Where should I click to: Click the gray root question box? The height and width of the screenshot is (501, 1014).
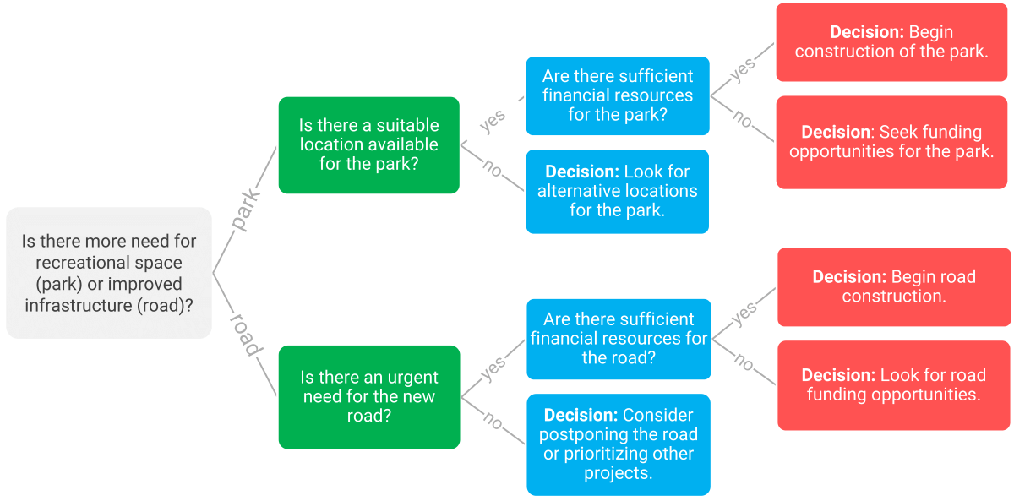tap(108, 273)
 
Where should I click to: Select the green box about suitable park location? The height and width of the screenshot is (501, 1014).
tap(368, 145)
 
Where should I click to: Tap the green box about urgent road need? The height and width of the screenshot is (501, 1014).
tap(368, 396)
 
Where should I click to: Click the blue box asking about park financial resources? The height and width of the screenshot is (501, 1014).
tap(617, 95)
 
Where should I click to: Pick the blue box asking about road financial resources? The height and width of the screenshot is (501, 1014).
tap(619, 339)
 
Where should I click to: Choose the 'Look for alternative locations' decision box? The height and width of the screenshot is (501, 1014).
tap(617, 191)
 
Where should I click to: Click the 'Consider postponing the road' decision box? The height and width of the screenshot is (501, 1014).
tap(618, 444)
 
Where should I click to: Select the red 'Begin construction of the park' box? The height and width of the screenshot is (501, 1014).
tap(891, 42)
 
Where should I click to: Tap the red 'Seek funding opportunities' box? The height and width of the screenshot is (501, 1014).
tap(891, 142)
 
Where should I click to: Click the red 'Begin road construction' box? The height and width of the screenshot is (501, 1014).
tap(893, 286)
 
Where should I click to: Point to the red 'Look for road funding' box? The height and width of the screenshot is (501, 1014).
tap(893, 385)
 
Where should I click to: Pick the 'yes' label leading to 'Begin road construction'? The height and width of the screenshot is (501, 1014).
tap(744, 313)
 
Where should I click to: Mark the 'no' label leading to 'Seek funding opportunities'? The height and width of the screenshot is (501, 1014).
tap(742, 120)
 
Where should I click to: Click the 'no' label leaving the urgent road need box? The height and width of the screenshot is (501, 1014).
tap(492, 419)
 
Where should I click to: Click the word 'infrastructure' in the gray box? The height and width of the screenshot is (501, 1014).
tap(78, 305)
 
